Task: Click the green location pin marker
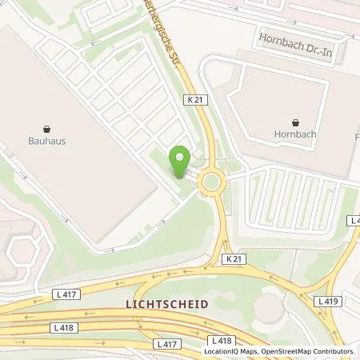coord(181,162)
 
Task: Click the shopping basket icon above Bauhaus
coord(46,127)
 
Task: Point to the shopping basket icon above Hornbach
coord(296,123)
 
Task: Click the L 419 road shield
coord(326,301)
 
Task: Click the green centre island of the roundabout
coord(211,182)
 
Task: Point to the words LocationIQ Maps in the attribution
coord(230,351)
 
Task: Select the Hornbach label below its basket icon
coord(296,134)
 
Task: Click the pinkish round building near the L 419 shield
coord(274,308)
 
